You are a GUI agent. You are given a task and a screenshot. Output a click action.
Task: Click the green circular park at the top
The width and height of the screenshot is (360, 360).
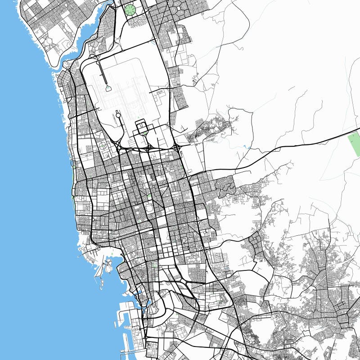tap(130, 9)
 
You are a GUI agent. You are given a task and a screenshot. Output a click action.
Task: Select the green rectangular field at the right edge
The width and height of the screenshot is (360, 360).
tap(355, 144)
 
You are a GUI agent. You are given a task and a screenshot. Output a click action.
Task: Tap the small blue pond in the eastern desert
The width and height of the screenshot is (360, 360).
tap(247, 147)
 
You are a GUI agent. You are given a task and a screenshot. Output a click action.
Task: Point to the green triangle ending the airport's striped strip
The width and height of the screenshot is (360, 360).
tap(108, 89)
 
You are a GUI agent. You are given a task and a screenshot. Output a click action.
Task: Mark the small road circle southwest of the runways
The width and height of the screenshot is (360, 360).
tap(118, 115)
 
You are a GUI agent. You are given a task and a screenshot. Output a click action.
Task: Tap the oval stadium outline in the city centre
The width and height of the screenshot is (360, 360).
tap(148, 208)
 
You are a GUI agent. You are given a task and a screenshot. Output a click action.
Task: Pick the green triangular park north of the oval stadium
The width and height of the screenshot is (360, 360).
tap(149, 196)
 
